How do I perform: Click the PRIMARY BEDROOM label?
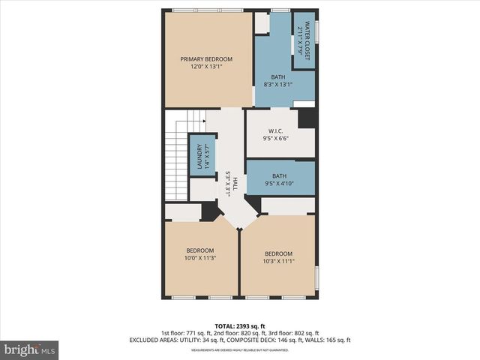point(206,59)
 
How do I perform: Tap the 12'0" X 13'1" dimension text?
point(206,67)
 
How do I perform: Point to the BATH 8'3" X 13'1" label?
point(278,81)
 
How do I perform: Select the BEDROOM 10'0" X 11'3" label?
point(200,254)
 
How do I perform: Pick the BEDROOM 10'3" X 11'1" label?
point(278,257)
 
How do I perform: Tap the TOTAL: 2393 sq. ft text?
point(239,325)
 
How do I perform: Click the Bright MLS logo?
point(30,349)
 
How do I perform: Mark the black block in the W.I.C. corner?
point(306,118)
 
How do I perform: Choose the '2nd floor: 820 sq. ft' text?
point(239,333)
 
